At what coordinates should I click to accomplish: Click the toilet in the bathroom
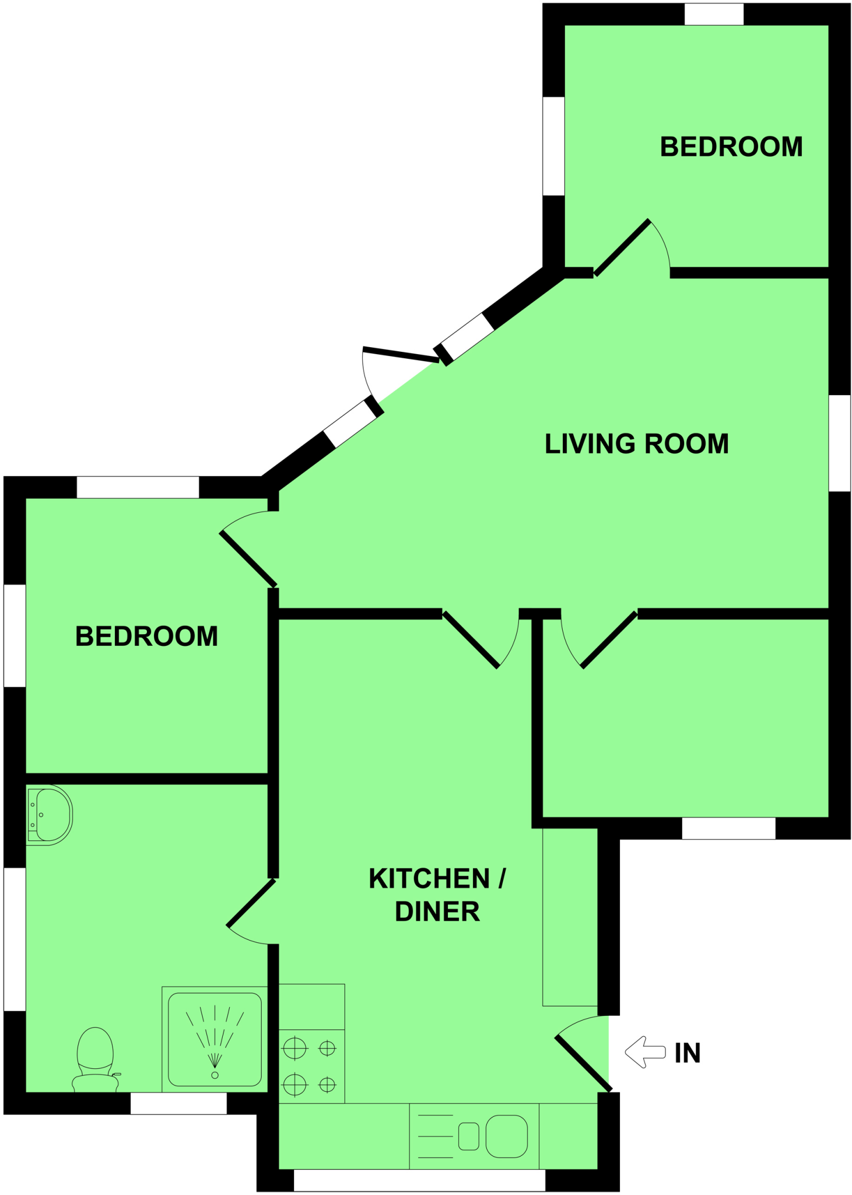(95, 1058)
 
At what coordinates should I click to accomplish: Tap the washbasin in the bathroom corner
(51, 815)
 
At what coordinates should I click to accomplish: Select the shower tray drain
(215, 1075)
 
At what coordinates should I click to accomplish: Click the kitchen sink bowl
(506, 1136)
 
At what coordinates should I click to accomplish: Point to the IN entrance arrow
(644, 1052)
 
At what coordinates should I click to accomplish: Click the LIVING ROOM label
(636, 444)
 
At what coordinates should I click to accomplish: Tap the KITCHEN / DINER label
(437, 894)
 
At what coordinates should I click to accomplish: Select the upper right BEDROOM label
(731, 147)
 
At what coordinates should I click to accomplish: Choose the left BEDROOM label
(146, 637)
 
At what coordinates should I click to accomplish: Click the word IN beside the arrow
(688, 1053)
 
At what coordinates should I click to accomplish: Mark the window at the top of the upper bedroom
(713, 14)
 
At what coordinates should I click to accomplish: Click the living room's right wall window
(839, 443)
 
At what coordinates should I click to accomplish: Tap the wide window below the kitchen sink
(419, 1180)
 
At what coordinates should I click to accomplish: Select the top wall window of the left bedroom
(138, 487)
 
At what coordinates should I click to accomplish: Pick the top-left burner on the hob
(294, 1049)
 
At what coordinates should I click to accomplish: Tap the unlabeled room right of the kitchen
(685, 718)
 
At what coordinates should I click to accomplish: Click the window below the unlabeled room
(728, 828)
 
